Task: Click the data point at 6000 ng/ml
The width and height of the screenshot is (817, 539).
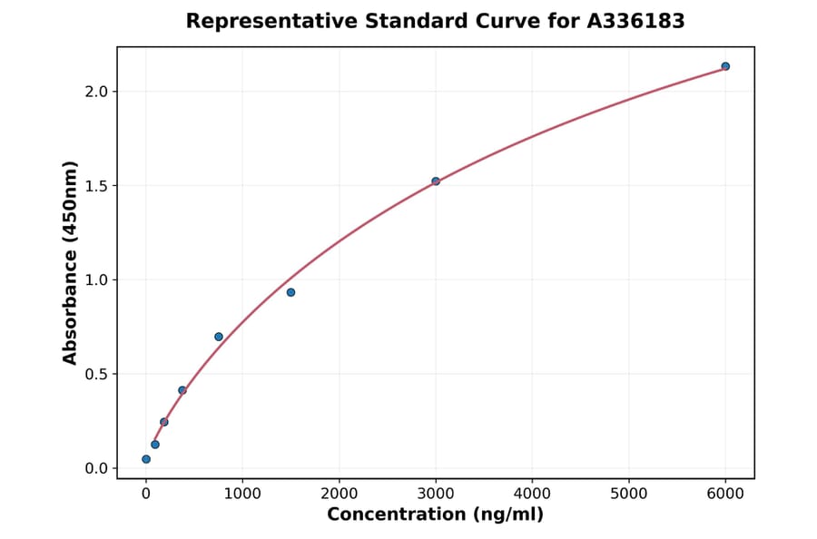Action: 725,66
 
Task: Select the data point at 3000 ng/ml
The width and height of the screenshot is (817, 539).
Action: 436,181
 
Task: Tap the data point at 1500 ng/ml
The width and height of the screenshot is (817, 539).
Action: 290,292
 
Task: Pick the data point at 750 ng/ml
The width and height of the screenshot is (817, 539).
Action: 219,337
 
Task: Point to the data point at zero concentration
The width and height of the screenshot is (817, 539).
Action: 146,459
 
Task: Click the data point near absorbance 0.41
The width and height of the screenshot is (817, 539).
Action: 182,390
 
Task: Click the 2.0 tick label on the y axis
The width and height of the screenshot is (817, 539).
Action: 96,92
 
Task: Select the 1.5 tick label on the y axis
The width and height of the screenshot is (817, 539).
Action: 96,186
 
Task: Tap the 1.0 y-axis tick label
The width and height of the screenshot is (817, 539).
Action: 96,280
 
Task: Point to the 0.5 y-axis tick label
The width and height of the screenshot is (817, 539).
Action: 96,374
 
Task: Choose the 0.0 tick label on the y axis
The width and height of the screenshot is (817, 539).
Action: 96,468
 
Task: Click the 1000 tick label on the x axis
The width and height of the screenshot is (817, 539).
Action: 242,494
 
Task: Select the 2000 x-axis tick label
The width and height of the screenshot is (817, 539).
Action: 340,494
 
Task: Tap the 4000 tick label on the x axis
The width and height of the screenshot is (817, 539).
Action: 532,494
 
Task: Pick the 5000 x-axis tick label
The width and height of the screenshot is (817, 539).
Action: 629,494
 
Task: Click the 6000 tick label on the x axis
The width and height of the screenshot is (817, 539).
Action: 725,494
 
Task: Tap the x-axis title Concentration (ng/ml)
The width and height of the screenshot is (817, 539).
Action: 435,515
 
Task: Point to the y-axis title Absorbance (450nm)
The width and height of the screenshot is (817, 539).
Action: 71,262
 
